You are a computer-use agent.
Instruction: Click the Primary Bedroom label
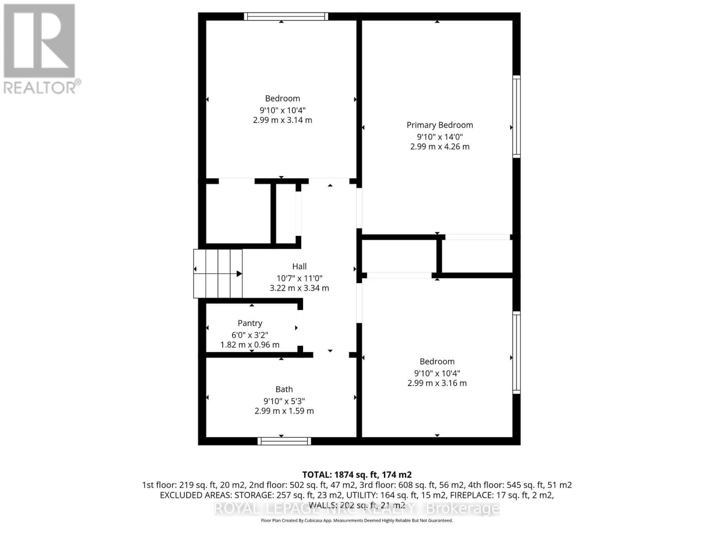pyautogui.click(x=440, y=125)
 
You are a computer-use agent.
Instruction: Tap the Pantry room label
pyautogui.click(x=250, y=323)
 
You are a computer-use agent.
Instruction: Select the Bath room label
pyautogui.click(x=284, y=389)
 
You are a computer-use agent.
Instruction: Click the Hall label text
pyautogui.click(x=299, y=266)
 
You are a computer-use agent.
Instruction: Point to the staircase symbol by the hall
pyautogui.click(x=218, y=273)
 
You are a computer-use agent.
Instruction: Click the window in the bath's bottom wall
pyautogui.click(x=284, y=441)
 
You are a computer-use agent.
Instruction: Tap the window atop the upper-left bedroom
pyautogui.click(x=286, y=16)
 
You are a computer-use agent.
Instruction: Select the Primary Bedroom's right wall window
pyautogui.click(x=516, y=116)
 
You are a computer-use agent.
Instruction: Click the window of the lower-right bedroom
pyautogui.click(x=516, y=352)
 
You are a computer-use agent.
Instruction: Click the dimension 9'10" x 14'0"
pyautogui.click(x=440, y=137)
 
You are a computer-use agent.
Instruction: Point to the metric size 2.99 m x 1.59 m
pyautogui.click(x=284, y=411)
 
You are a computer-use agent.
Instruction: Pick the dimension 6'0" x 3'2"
pyautogui.click(x=250, y=335)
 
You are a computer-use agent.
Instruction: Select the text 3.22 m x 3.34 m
pyautogui.click(x=299, y=288)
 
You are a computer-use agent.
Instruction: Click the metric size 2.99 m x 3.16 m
pyautogui.click(x=437, y=383)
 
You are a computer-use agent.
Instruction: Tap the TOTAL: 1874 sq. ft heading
pyautogui.click(x=357, y=475)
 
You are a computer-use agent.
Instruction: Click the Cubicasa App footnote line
pyautogui.click(x=357, y=520)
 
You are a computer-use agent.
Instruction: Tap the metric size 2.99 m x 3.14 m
pyautogui.click(x=282, y=120)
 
